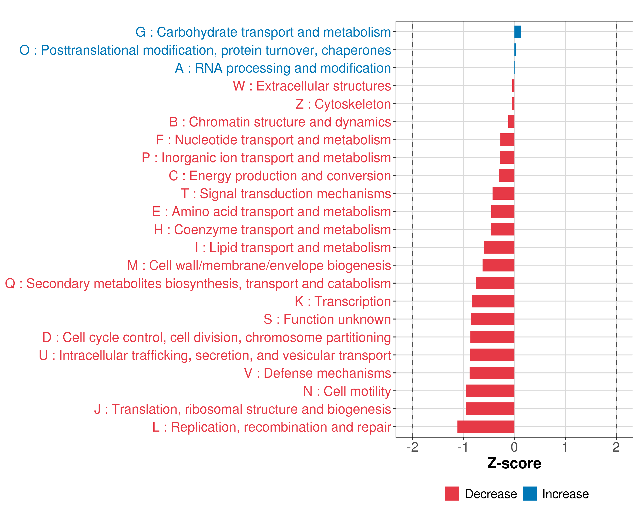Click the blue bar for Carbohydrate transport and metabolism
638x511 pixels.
point(517,32)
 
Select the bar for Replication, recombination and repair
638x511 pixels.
point(486,427)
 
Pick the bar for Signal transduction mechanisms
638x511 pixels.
point(503,194)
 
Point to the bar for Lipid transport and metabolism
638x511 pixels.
point(499,247)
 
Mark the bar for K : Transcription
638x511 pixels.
point(493,301)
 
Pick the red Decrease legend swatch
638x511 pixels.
point(452,494)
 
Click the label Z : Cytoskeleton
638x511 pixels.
point(343,104)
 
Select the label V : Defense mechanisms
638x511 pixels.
point(318,373)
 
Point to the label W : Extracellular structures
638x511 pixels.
point(312,86)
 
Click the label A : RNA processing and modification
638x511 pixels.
point(283,68)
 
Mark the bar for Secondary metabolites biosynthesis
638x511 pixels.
point(495,283)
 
